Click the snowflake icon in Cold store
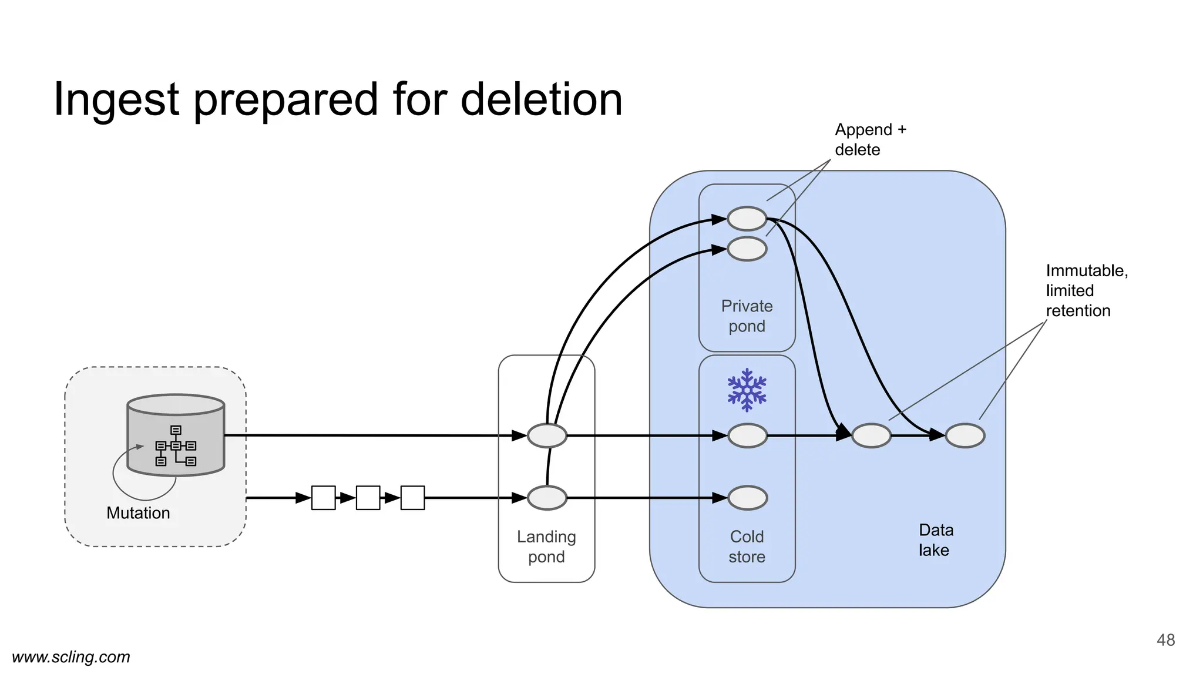[747, 390]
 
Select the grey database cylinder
[176, 435]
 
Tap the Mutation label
[138, 513]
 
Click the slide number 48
[1165, 640]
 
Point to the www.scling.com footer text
[71, 657]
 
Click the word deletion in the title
[541, 99]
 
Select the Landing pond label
[546, 547]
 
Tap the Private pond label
[747, 316]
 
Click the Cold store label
[747, 547]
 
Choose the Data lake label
[935, 540]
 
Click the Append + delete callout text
[870, 139]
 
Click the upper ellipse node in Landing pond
[547, 435]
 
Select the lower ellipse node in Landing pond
[547, 498]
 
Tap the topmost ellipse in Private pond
[747, 219]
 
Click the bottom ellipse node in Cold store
[747, 498]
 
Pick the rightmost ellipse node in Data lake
[965, 435]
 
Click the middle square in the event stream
[368, 498]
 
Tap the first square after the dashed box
[323, 498]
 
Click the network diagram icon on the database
[176, 446]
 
